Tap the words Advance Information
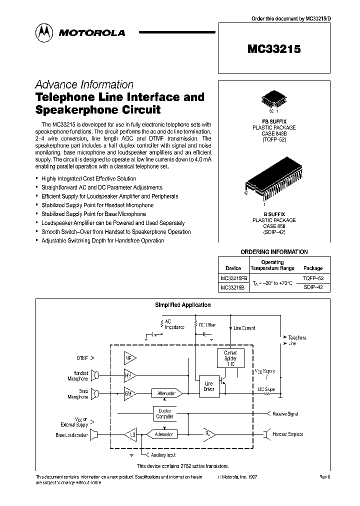tap(84, 84)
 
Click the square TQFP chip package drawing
tap(273, 99)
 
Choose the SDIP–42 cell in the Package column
tap(313, 287)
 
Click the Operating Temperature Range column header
tap(272, 265)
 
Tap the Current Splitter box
tap(230, 358)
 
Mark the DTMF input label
tap(82, 358)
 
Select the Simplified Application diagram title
tap(181, 304)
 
